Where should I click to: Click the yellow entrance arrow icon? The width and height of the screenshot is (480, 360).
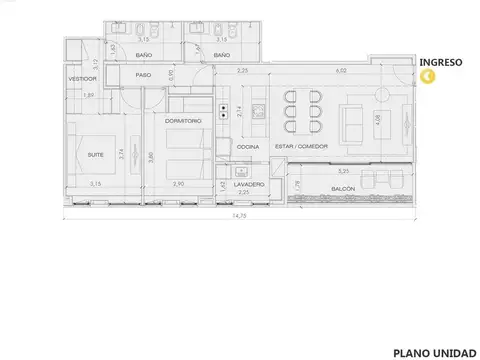(428, 76)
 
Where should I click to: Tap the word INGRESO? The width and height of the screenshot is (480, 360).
(440, 61)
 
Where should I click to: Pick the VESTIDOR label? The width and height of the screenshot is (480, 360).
(82, 77)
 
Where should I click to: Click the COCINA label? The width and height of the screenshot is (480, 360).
(248, 147)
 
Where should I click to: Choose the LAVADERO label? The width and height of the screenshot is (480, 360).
(249, 184)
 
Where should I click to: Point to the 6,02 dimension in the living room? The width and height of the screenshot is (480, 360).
(342, 71)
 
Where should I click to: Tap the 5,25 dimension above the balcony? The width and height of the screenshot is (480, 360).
(344, 172)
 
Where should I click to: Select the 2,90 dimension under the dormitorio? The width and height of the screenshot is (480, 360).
(178, 185)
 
